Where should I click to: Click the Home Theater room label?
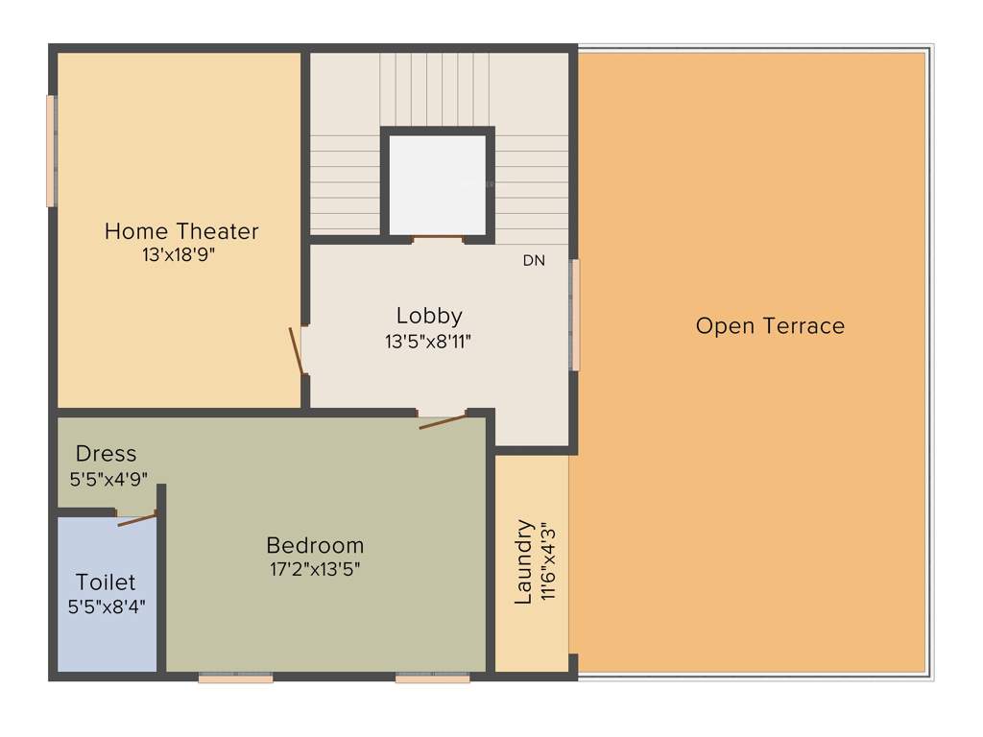pos(181,231)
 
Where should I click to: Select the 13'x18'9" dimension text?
pos(181,255)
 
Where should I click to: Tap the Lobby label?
pos(429,316)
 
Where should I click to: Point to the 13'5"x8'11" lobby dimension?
pos(428,340)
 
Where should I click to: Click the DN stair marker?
pos(534,260)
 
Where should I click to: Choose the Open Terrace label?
pos(770,326)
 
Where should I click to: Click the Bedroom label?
pos(315,546)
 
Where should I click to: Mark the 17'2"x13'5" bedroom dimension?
pos(315,569)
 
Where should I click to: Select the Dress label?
pos(106,454)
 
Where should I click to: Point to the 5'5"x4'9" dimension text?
pos(108,478)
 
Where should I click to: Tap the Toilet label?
pos(106,582)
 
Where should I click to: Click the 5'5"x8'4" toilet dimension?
pos(107,606)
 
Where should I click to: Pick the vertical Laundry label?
pos(523,561)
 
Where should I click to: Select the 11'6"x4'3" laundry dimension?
pos(548,561)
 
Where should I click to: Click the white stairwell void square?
pos(438,183)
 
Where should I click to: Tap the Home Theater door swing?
pos(298,350)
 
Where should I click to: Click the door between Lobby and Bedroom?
pos(443,420)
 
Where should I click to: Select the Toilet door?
pos(135,520)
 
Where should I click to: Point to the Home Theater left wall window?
pos(51,151)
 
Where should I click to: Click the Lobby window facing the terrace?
pos(575,315)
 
